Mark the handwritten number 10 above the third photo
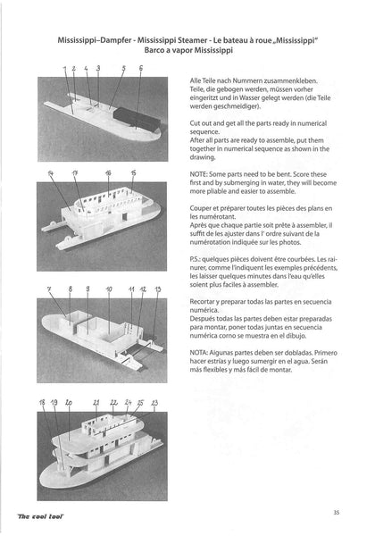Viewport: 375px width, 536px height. [x=109, y=290]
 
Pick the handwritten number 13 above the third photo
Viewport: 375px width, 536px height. [x=158, y=290]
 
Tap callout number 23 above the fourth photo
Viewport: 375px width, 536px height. [x=154, y=404]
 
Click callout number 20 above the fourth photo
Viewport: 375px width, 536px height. [x=69, y=403]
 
